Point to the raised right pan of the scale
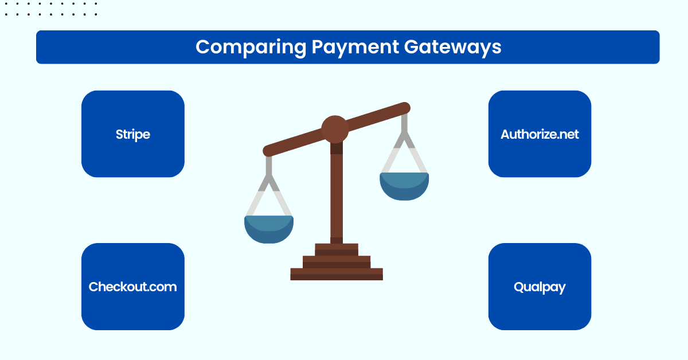[x=404, y=186]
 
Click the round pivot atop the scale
[x=335, y=129]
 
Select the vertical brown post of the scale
[x=337, y=195]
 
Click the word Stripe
[x=133, y=134]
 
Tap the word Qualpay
[x=540, y=287]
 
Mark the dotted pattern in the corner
[x=49, y=8]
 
